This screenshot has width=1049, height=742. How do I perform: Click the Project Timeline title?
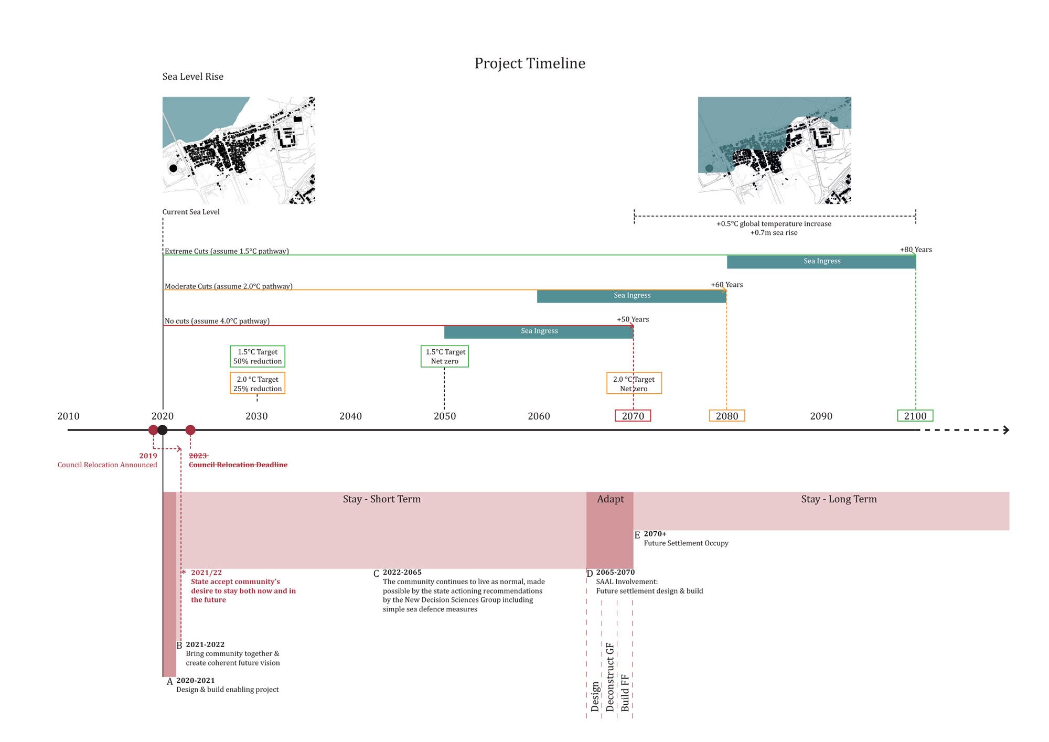[x=530, y=63]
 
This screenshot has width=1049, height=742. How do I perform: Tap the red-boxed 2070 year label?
[x=633, y=416]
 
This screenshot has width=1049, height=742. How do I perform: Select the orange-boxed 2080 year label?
[x=727, y=416]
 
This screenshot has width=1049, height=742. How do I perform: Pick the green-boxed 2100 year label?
[x=915, y=416]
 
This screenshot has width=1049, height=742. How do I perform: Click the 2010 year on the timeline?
[x=68, y=416]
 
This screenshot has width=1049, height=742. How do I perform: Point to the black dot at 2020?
[x=163, y=430]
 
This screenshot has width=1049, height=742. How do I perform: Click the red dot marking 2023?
[x=190, y=430]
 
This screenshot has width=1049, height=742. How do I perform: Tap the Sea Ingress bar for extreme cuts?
[x=821, y=262]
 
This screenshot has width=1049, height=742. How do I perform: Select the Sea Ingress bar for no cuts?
[x=539, y=331]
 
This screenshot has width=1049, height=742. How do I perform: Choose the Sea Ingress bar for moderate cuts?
[x=631, y=296]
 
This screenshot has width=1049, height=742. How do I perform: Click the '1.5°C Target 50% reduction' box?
[x=258, y=357]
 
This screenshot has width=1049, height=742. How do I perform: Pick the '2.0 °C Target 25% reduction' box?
[x=258, y=383]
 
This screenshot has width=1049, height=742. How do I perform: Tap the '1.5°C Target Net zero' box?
[x=445, y=357]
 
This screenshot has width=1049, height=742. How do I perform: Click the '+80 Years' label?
[x=916, y=250]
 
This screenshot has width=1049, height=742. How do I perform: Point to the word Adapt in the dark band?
[x=611, y=499]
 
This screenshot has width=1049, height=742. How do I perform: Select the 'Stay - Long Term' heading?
[x=839, y=499]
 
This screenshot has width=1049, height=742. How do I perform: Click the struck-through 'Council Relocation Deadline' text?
[x=238, y=465]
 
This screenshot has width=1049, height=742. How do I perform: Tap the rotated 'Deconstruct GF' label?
[x=610, y=677]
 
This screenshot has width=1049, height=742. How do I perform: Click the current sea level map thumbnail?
[x=239, y=150]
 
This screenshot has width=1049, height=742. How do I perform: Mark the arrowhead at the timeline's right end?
[x=1006, y=430]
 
